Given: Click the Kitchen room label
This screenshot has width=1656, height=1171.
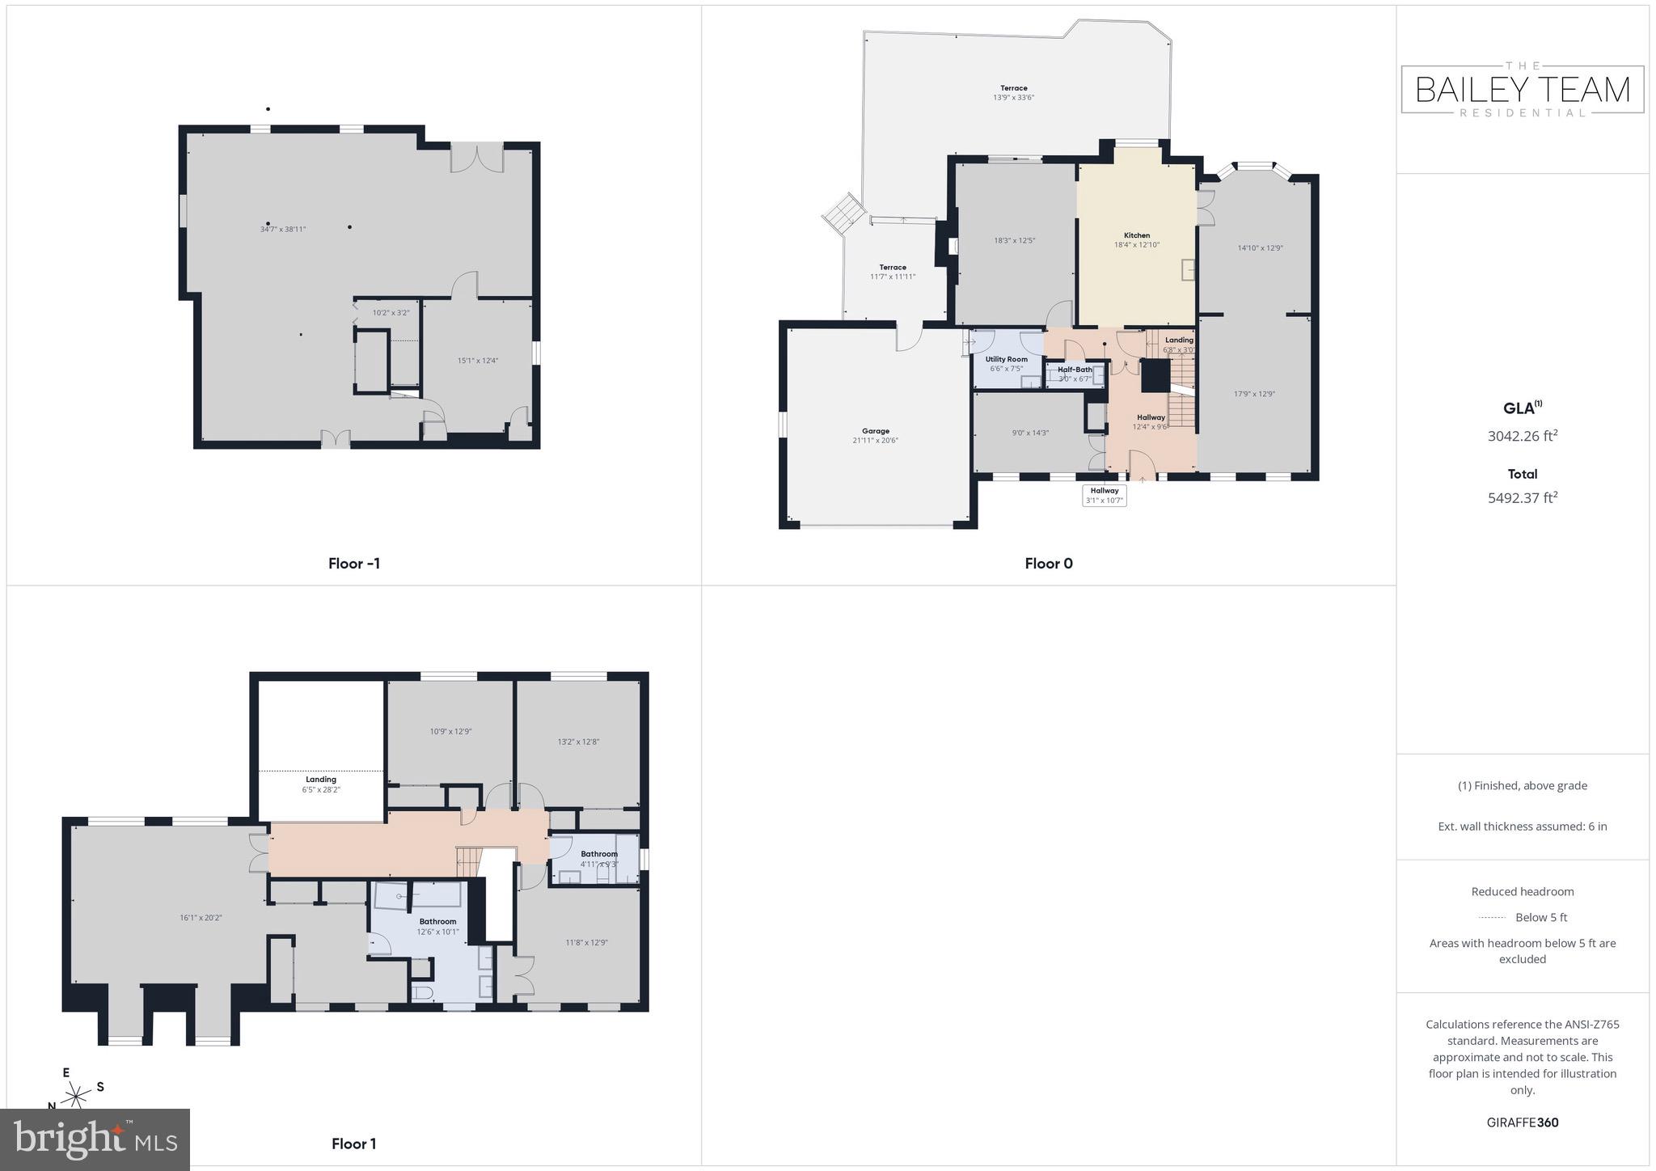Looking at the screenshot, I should click(1136, 235).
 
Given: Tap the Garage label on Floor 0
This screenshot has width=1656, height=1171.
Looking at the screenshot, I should click(875, 431).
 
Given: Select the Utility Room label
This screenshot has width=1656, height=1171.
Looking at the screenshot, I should click(1006, 359).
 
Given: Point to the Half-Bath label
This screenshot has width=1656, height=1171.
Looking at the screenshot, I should click(1075, 370).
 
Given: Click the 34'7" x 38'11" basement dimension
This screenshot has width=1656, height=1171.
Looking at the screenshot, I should click(283, 229).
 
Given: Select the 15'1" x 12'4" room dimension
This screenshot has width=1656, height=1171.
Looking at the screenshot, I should click(477, 361).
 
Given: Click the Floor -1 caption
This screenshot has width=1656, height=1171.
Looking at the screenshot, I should click(353, 564).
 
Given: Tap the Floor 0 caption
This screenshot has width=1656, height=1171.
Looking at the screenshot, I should click(1048, 564).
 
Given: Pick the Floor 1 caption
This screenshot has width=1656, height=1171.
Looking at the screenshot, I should click(353, 1144).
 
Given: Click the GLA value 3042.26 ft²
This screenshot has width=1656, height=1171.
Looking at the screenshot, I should click(1522, 436).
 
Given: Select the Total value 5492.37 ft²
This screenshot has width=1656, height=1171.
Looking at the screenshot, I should click(1522, 498).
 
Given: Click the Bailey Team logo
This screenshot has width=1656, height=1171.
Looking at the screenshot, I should click(1522, 90).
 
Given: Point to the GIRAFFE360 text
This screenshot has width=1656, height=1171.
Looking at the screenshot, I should click(1522, 1122).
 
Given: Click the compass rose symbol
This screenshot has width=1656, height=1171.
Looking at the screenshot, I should click(77, 1096).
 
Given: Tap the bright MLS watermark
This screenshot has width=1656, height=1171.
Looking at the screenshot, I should click(95, 1140).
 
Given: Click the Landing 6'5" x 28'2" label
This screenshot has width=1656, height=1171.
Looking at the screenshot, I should click(320, 784).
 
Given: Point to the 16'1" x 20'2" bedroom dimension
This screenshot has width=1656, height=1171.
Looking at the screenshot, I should click(201, 918).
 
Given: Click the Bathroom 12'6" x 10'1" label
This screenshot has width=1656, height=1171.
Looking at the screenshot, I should click(437, 927).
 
